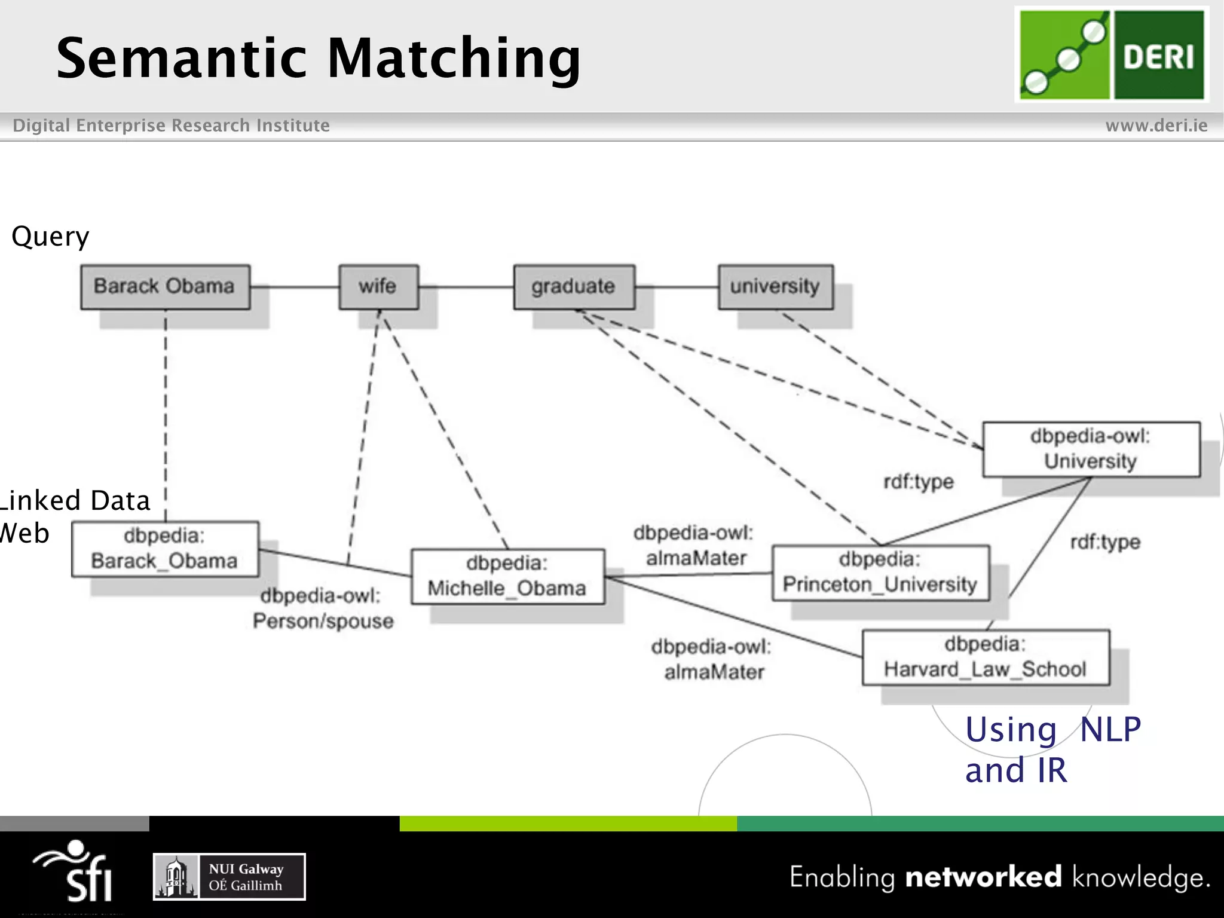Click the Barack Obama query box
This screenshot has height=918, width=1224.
[165, 287]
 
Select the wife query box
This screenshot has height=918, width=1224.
[378, 287]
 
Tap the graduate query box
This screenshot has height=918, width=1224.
[574, 287]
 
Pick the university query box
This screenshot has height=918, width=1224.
[775, 287]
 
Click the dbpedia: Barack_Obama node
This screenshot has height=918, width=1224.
[165, 549]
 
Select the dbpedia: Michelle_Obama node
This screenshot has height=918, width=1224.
[507, 576]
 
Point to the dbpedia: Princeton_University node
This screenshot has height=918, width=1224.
[880, 573]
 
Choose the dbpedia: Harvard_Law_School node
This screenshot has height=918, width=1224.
[985, 657]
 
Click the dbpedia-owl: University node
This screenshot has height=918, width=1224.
[1091, 449]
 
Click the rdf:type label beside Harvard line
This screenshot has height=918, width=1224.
[1105, 542]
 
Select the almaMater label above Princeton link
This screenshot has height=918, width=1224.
[694, 545]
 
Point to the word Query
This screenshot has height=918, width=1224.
[50, 237]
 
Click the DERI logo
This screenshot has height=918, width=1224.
[1112, 55]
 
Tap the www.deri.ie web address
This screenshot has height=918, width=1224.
[1156, 126]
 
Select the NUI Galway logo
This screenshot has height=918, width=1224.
[229, 877]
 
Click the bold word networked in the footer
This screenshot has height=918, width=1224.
[983, 877]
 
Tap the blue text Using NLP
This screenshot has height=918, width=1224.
[1052, 730]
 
